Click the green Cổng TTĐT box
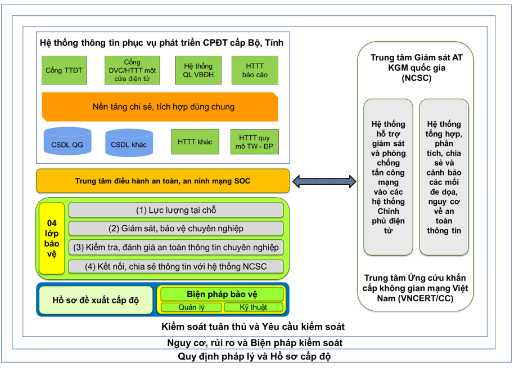64,70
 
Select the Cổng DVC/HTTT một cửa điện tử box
132,70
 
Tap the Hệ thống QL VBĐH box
198,70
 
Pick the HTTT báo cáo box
255,70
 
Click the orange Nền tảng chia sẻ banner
160,106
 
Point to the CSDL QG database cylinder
67,141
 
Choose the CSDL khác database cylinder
129,142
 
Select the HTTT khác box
195,142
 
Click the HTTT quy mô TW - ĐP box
255,142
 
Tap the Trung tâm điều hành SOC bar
163,181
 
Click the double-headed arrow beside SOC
324,181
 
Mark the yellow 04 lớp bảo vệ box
52,238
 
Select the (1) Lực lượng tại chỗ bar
176,210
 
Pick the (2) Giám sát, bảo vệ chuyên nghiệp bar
176,229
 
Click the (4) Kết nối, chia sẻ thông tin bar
176,267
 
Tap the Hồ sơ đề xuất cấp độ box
96,300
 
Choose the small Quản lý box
191,307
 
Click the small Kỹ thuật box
254,307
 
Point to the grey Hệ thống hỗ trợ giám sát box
388,177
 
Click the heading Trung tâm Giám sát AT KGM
417,68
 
